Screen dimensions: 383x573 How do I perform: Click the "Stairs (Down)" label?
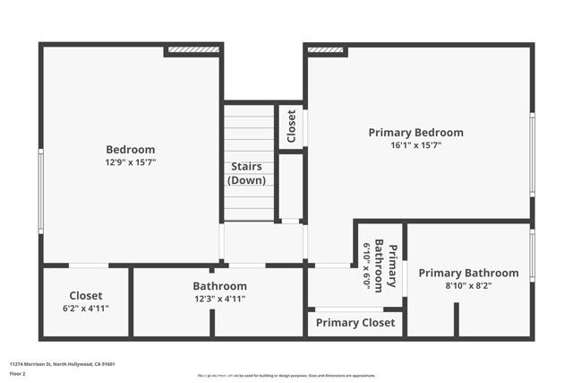(x=247, y=173)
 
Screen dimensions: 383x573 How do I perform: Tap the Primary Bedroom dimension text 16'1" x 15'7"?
(x=416, y=144)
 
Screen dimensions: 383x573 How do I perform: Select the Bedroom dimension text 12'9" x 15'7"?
(x=131, y=162)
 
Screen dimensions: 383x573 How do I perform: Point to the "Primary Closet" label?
(x=355, y=323)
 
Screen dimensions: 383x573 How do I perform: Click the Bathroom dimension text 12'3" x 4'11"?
(x=219, y=299)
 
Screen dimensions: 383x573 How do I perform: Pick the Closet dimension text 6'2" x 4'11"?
(x=86, y=308)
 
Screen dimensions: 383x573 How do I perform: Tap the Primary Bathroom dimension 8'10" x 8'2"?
(x=468, y=286)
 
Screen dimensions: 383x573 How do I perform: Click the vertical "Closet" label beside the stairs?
(x=291, y=126)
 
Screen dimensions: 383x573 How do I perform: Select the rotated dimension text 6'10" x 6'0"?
(x=366, y=264)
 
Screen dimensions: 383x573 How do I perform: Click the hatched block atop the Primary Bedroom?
(x=327, y=50)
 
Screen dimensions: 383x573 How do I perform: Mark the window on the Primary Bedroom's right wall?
(x=532, y=154)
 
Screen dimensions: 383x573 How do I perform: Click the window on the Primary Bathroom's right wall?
(x=532, y=256)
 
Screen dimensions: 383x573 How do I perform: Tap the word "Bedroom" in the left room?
(x=131, y=150)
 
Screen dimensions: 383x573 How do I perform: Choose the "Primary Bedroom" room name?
(x=416, y=133)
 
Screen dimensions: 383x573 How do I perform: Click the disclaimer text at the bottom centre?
(x=286, y=374)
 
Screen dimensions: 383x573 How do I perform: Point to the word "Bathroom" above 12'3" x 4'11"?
(x=219, y=286)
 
